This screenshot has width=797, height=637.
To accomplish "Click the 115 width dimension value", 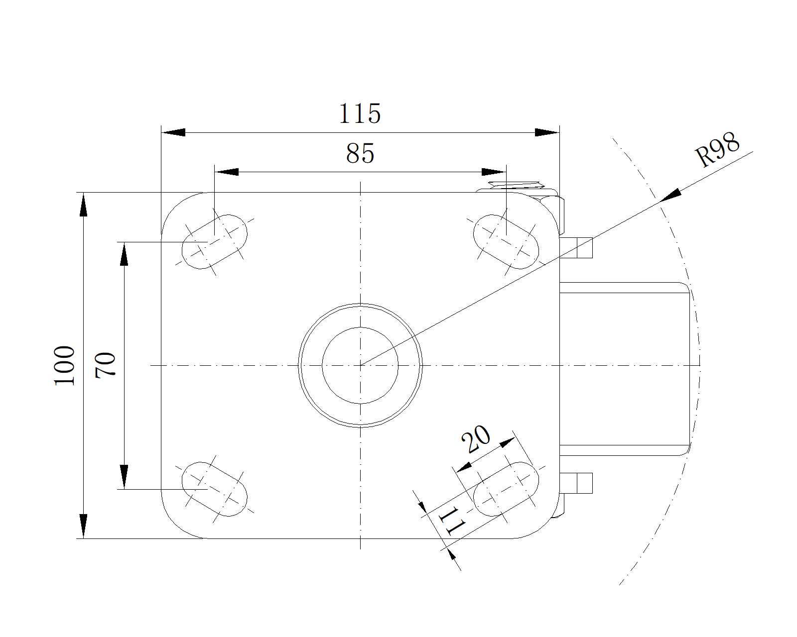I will point(360,114).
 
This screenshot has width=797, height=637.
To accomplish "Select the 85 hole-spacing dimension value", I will point(360,153).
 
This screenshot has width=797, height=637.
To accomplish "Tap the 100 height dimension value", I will point(65,365).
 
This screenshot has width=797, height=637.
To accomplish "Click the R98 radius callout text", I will point(718,149).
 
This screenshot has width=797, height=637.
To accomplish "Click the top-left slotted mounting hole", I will point(215,242).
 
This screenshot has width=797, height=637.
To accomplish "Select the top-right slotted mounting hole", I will point(506,242).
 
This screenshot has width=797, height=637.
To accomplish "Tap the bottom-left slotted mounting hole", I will point(215,489).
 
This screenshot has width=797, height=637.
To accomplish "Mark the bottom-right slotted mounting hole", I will point(506,489).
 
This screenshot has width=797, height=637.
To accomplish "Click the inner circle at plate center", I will point(360,365).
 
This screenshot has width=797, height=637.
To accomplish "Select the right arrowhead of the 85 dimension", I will point(494,172).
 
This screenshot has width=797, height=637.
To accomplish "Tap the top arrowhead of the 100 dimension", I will point(84,205).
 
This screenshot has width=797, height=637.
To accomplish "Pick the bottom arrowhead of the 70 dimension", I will point(124,477).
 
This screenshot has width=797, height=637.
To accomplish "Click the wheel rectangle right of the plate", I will point(625,368).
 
